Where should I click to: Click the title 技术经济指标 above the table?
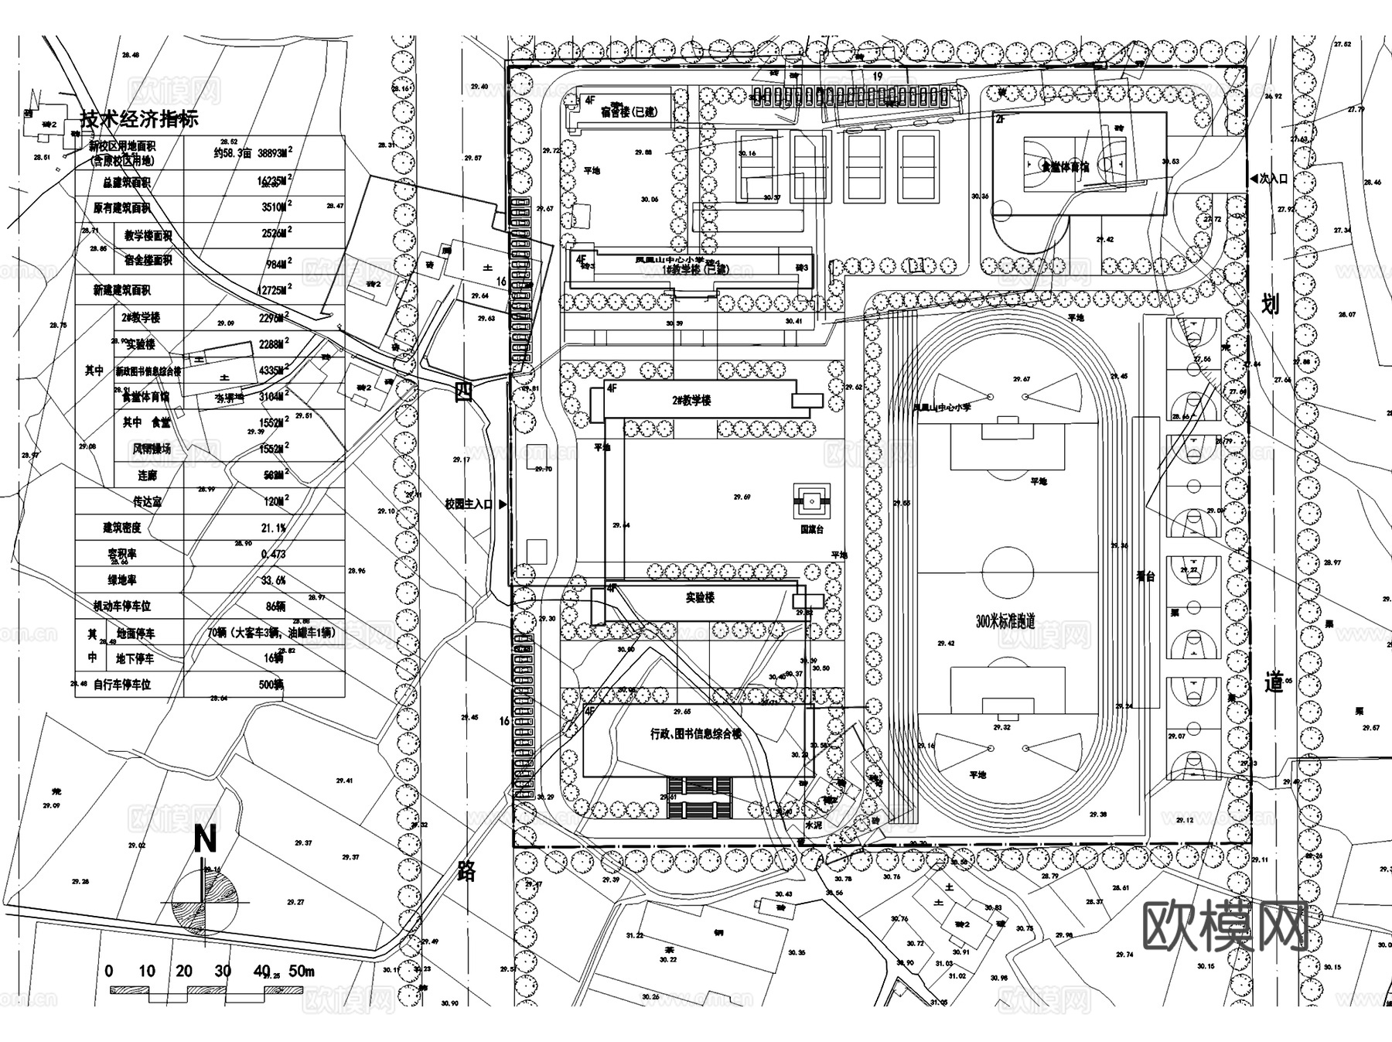(x=140, y=119)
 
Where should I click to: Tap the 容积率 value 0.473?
(x=274, y=554)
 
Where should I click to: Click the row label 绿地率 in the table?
(x=122, y=580)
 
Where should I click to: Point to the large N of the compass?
(x=205, y=839)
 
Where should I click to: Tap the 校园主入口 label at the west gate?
(x=469, y=504)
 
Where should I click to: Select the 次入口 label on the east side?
(x=1273, y=179)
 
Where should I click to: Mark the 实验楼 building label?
(x=700, y=598)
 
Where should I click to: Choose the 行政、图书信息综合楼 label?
(x=696, y=733)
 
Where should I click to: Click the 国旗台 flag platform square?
(x=812, y=502)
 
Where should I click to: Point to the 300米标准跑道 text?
(x=1005, y=621)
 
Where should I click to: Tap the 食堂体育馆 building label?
(x=1065, y=166)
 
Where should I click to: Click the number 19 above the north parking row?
(x=877, y=76)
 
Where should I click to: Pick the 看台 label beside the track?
(x=1145, y=576)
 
